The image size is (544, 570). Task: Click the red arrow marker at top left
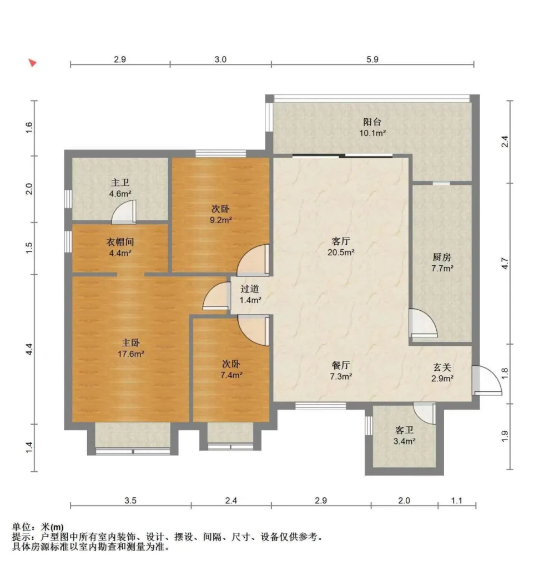pos(33,63)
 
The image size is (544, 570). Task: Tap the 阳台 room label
pos(372,122)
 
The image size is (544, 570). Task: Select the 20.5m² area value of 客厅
pos(341,252)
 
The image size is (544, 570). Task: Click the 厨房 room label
pos(442,258)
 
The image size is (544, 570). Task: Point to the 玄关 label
pos(442,367)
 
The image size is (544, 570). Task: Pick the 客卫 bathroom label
pos(404,430)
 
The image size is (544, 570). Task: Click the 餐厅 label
pos(341,365)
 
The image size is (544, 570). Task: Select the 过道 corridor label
pos(250,289)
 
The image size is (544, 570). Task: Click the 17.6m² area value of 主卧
pos(131,354)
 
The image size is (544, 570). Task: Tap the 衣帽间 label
pos(120,242)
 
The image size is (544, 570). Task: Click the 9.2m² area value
pos(221,220)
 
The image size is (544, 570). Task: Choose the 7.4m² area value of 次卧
pos(231,375)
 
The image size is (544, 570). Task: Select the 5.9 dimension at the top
pos(372,59)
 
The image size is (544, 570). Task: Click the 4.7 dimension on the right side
pos(505,263)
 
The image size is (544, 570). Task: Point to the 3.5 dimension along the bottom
pos(130,501)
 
